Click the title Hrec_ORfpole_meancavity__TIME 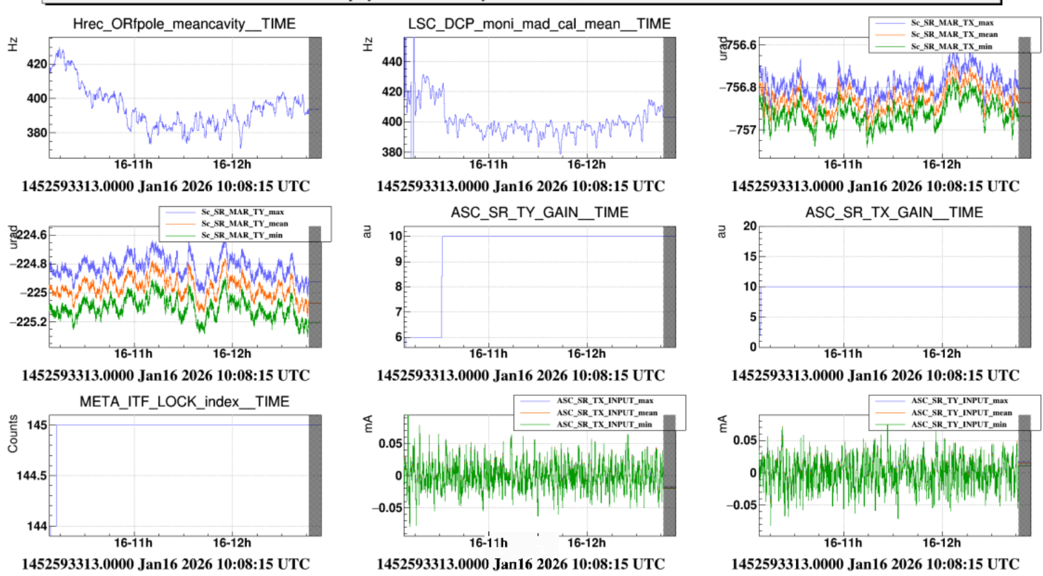click(x=184, y=24)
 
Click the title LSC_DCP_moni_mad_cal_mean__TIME click(x=539, y=24)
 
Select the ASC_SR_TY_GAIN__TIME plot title click(x=539, y=212)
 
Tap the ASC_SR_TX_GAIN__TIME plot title click(x=894, y=212)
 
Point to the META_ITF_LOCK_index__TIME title click(x=184, y=402)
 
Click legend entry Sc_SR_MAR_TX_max click(x=952, y=23)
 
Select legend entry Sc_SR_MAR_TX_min click(x=951, y=46)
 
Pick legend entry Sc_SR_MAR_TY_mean click(x=244, y=224)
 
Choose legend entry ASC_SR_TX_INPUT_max click(x=604, y=401)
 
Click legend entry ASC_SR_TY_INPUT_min click(x=959, y=424)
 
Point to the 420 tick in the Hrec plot click(x=37, y=64)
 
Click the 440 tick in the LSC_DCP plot click(x=392, y=61)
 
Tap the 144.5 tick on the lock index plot click(x=32, y=476)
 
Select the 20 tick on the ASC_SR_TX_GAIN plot click(x=749, y=226)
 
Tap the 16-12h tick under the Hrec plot click(x=232, y=165)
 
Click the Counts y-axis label click(x=13, y=434)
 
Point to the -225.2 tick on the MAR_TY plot click(x=28, y=321)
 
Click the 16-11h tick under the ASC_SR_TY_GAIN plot click(x=487, y=354)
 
